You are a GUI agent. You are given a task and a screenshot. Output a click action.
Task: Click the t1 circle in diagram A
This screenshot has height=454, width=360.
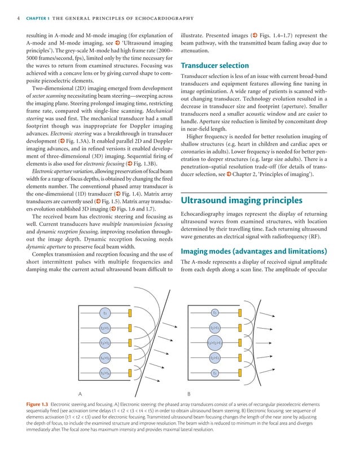[104, 312]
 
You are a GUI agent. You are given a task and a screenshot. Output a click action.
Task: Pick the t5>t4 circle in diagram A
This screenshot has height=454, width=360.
[104, 372]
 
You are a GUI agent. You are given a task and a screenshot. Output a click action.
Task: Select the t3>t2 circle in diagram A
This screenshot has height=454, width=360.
[104, 342]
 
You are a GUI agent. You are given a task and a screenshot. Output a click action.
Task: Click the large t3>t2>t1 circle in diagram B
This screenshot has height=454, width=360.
[215, 342]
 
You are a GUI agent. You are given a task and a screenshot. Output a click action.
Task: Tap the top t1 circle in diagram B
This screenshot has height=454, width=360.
[215, 312]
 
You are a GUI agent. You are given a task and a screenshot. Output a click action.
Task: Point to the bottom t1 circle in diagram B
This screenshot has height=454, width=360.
[215, 372]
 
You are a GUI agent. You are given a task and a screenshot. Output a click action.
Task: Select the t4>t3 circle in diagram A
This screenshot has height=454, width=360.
[104, 357]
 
